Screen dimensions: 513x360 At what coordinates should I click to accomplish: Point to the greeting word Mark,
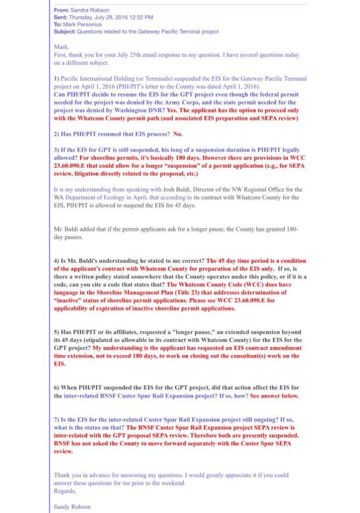(61, 47)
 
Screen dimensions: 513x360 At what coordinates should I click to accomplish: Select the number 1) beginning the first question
(56, 79)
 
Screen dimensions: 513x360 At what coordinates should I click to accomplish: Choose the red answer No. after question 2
(178, 134)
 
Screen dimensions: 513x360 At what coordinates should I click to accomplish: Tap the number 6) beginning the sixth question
(56, 387)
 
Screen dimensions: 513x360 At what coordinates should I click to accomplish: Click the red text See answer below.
(274, 395)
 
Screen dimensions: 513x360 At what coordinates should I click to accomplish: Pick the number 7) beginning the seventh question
(56, 419)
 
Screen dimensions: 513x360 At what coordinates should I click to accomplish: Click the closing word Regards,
(65, 490)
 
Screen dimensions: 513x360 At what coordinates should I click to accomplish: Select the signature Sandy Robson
(72, 507)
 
